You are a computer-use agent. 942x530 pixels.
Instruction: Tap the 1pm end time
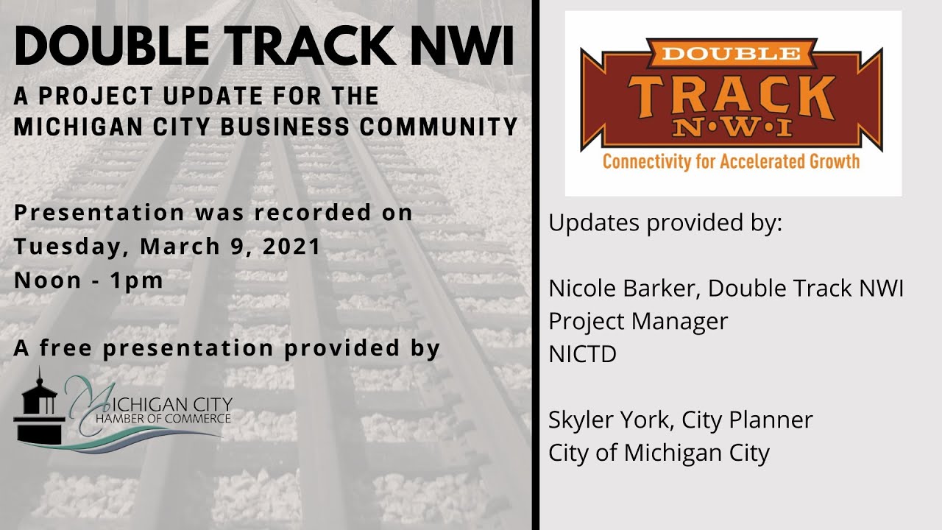pyautogui.click(x=138, y=280)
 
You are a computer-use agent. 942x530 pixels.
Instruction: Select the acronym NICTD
pyautogui.click(x=582, y=355)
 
